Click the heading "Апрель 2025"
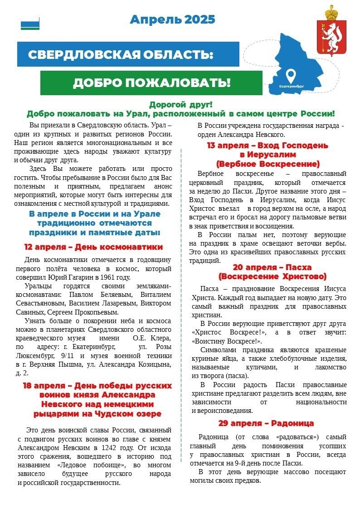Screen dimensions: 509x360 [172, 19]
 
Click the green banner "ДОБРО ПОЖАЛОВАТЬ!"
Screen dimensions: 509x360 [151, 82]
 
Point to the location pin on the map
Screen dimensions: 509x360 [291, 74]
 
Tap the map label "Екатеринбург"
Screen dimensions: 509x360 [292, 85]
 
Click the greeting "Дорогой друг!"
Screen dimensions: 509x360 [180, 105]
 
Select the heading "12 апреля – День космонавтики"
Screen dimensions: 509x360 [93, 247]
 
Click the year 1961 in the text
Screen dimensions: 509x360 [107, 277]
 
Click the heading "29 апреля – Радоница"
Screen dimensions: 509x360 [266, 423]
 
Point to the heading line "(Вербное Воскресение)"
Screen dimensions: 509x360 [268, 164]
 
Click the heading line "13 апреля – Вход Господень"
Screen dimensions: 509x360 [268, 145]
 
